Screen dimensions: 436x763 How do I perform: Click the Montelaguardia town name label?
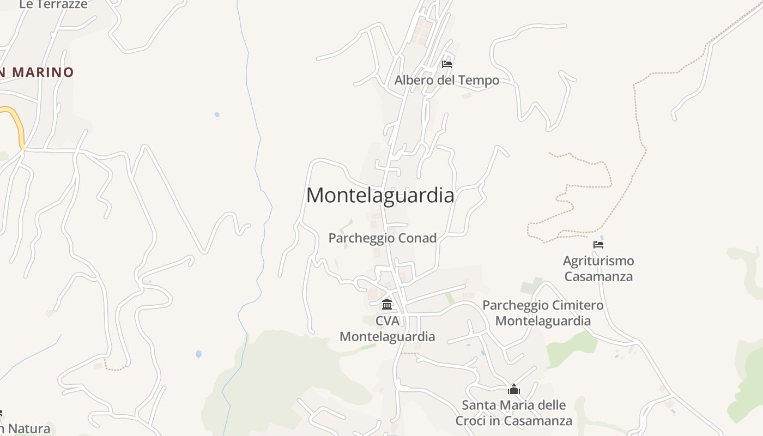(x=380, y=195)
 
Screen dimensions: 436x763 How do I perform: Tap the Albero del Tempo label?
(x=446, y=80)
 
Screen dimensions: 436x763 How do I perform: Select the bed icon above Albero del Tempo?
(x=447, y=64)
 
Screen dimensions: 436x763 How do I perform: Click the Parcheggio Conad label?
(x=382, y=238)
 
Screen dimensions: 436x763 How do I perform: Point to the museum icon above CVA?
(x=387, y=304)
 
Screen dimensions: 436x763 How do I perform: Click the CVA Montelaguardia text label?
(x=387, y=329)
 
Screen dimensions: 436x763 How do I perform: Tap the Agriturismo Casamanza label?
(x=598, y=269)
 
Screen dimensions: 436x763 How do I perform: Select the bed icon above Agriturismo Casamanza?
(x=598, y=245)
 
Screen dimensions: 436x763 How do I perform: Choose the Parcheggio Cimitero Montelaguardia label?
(x=543, y=313)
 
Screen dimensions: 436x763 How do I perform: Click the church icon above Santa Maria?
(x=513, y=390)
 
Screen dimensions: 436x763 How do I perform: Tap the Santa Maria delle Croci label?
(x=513, y=413)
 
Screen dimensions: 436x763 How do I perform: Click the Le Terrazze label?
(x=53, y=5)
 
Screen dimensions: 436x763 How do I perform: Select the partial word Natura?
(x=29, y=429)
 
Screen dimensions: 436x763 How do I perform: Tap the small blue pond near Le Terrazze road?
(x=217, y=115)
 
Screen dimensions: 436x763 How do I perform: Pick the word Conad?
(x=417, y=238)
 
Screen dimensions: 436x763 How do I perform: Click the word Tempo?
(x=479, y=80)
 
